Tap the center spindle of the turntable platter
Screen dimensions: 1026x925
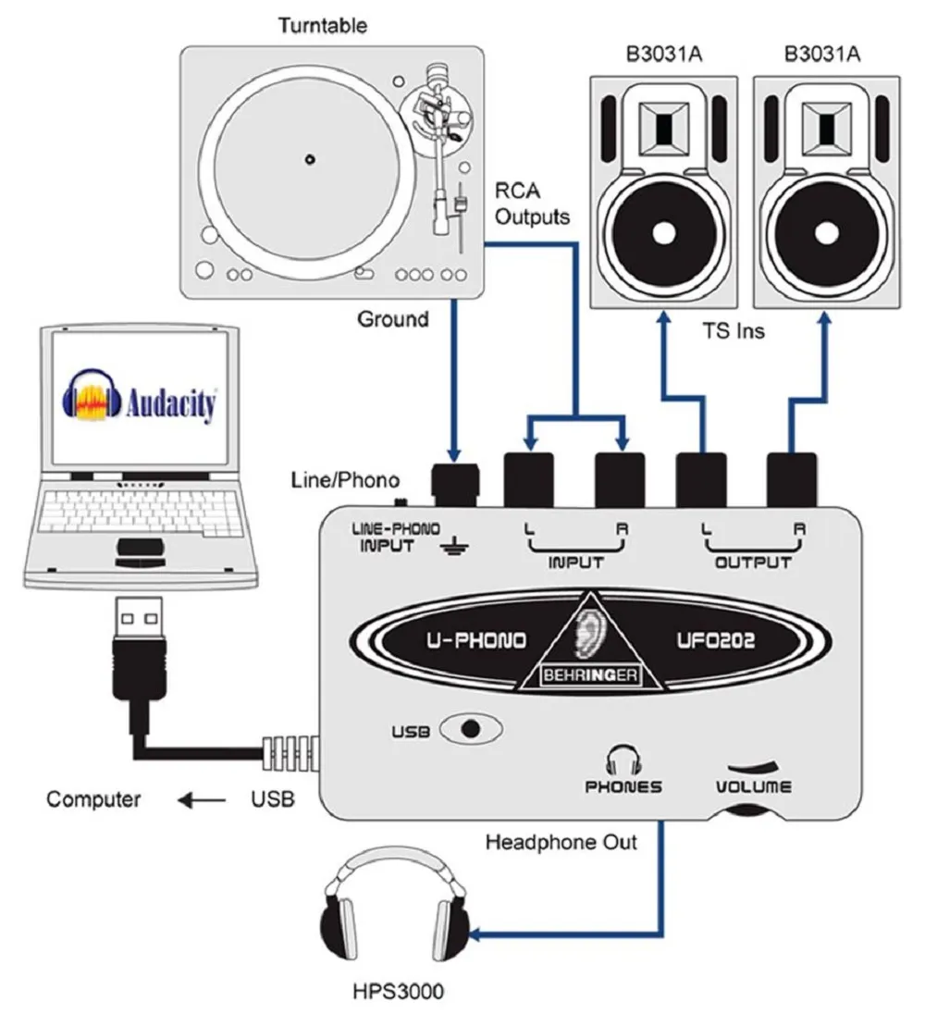click(x=309, y=158)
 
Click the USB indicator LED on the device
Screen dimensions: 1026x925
click(x=472, y=727)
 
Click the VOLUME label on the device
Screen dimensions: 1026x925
click(x=754, y=786)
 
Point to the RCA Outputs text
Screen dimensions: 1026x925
click(x=532, y=204)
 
